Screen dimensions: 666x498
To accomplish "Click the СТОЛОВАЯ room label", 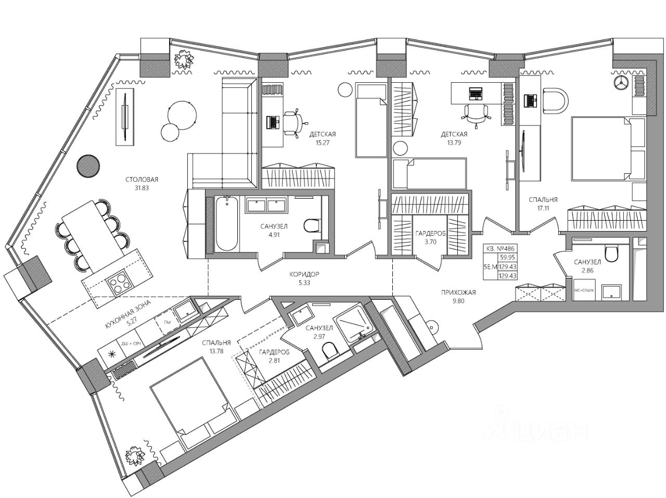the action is click(x=141, y=180).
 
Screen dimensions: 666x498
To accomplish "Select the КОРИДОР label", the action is click(x=304, y=274).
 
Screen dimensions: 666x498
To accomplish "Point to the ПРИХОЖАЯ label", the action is click(x=457, y=292).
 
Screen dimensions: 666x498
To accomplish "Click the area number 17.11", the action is click(x=543, y=208).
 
